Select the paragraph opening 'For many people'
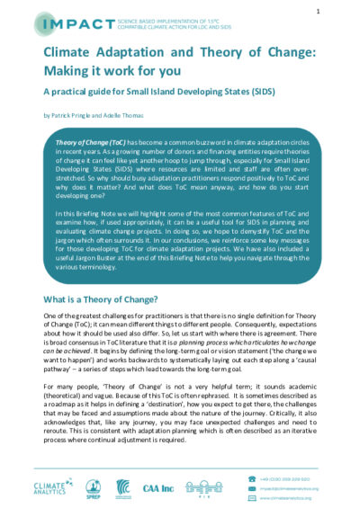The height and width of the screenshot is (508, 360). (180, 415)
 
